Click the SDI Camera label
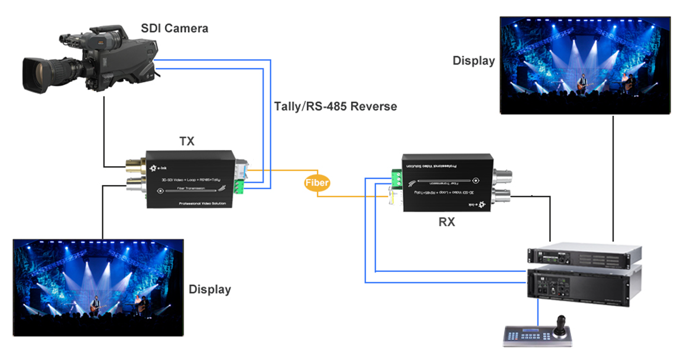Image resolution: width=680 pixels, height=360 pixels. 174,28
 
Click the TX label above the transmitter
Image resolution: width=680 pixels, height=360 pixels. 187,142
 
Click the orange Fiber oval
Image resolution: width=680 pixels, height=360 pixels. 317,183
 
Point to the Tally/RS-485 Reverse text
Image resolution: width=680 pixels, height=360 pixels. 335,106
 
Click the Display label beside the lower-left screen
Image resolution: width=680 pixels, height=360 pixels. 210,290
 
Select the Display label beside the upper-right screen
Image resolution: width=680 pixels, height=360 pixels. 474,61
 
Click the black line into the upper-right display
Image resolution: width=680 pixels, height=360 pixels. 614,177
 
